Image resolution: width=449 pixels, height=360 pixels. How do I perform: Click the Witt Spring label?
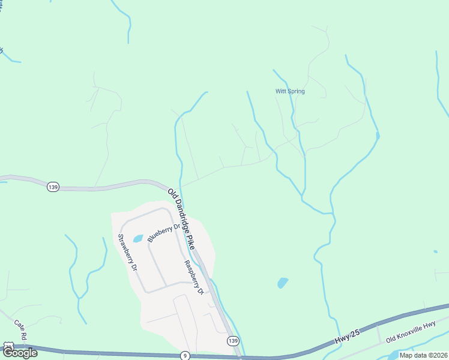point(290,91)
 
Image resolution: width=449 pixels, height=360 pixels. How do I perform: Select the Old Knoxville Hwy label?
point(411,332)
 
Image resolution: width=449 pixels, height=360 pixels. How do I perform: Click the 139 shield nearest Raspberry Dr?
point(234,341)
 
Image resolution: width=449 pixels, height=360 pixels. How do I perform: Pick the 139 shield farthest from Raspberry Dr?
point(53,187)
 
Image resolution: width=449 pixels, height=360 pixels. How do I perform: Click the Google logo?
point(20,353)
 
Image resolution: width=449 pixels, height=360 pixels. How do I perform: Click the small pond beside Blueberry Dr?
point(137,238)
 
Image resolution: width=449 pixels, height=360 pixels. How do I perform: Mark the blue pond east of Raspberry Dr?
point(282,282)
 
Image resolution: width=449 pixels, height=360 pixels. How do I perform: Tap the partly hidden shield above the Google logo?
point(7,346)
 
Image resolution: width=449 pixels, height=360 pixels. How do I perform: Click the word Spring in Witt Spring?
point(296,91)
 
